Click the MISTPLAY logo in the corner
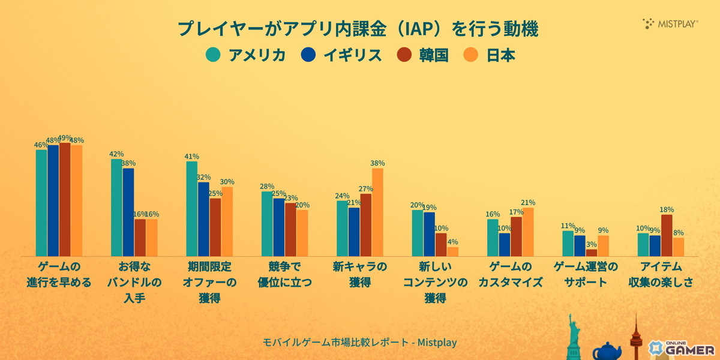click(x=670, y=24)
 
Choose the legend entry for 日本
click(x=490, y=55)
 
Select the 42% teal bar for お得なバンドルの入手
click(x=116, y=208)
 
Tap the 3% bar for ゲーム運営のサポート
click(x=591, y=253)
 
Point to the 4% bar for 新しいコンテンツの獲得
click(x=452, y=251)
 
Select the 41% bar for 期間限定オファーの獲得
click(x=191, y=209)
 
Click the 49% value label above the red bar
click(x=65, y=137)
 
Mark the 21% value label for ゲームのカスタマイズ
click(x=528, y=203)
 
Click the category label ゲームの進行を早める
click(x=59, y=274)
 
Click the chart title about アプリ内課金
click(x=358, y=29)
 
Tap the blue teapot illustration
click(x=606, y=350)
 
